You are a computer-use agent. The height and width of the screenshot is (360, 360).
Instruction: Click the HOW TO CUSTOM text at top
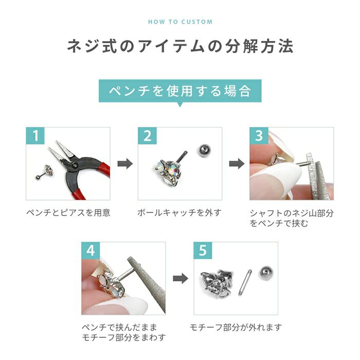180,22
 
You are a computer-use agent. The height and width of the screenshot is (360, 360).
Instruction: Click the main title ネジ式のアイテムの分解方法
180,47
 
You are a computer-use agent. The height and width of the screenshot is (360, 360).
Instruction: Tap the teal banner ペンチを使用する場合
180,92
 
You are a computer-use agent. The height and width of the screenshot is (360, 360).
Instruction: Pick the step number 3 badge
259,136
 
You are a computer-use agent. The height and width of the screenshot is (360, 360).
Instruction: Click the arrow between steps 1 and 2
124,164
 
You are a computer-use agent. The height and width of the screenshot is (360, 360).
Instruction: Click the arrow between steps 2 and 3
236,164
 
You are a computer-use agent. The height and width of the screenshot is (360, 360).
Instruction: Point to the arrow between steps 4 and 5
179,278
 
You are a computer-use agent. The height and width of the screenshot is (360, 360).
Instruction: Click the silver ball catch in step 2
203,151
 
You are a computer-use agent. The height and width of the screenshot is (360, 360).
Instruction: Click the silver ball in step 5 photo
265,274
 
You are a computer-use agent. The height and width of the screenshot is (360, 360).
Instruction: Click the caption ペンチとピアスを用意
68,212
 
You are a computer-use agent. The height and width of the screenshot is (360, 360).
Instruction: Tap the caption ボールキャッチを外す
179,212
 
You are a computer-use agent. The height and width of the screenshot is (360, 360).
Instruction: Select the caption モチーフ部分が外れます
236,327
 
